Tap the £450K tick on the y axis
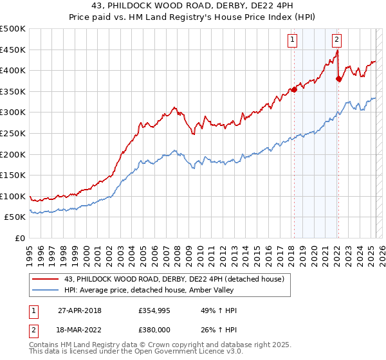(13, 50)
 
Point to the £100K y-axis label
(13, 196)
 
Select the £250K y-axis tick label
(13, 133)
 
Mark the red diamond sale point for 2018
(294, 89)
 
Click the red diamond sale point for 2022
(338, 79)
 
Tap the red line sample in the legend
(46, 278)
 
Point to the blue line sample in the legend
(46, 290)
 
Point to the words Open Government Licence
(172, 353)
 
